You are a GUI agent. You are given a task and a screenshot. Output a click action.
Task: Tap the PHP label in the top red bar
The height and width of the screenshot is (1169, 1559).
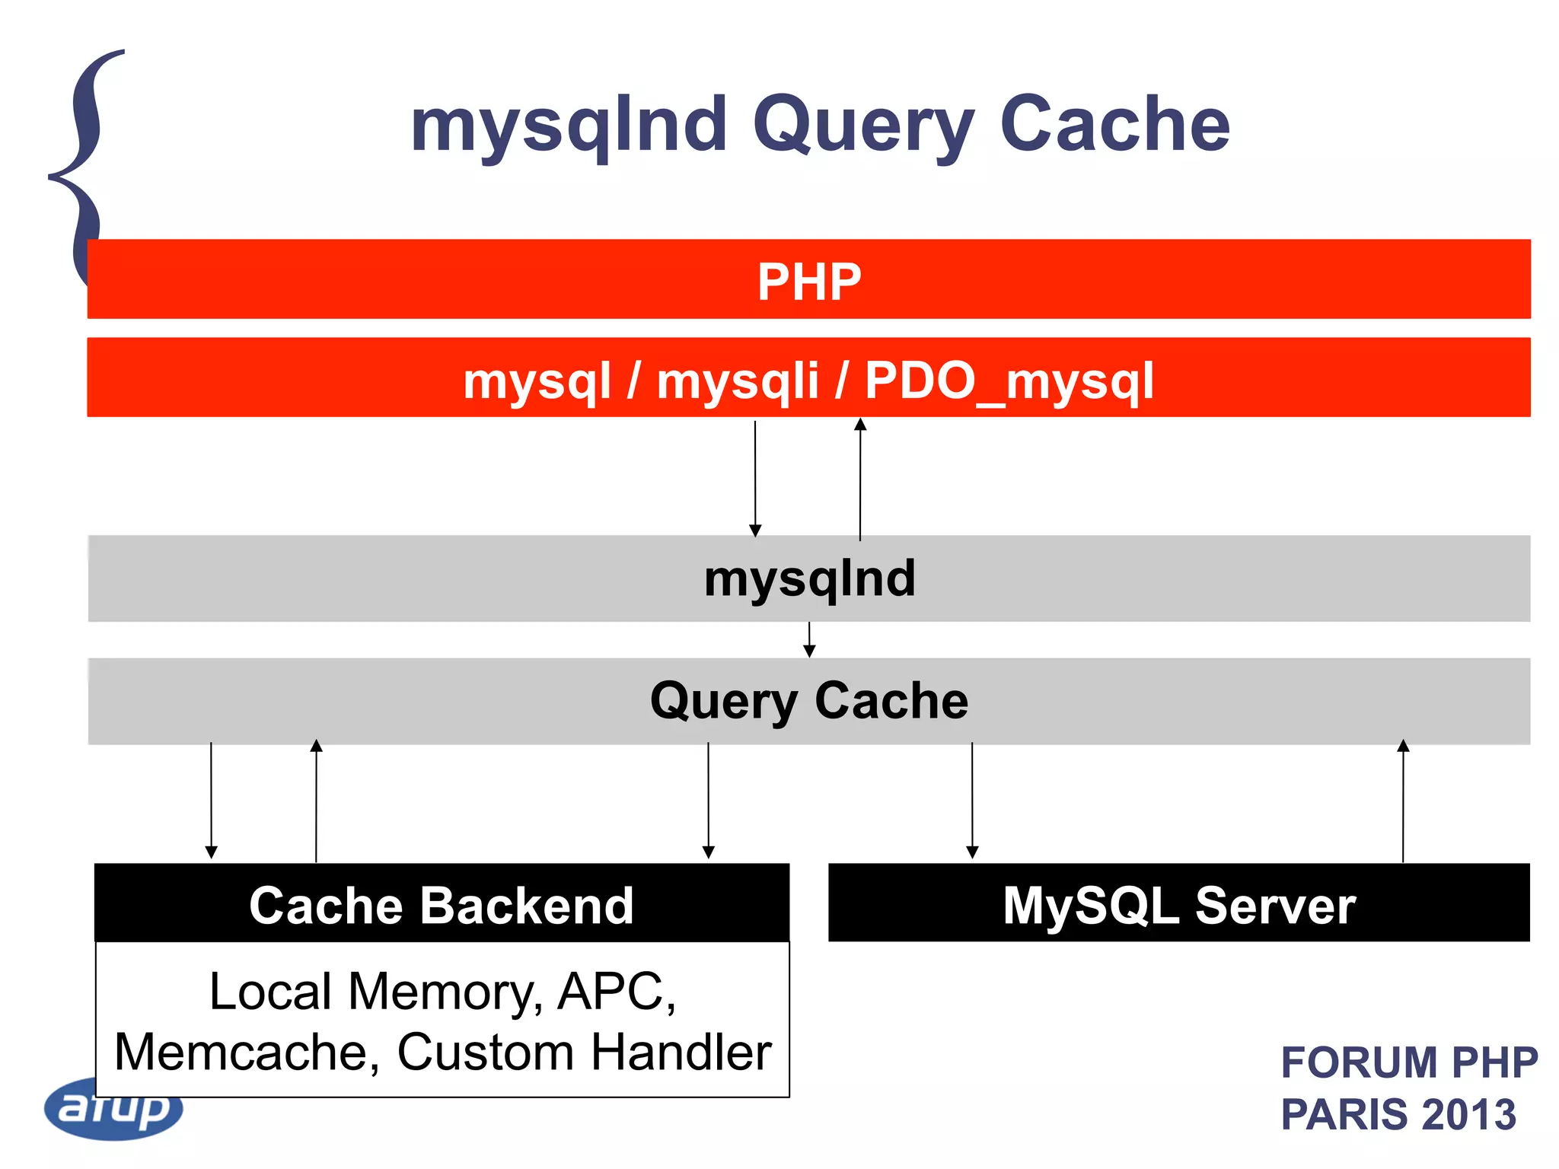pos(808,282)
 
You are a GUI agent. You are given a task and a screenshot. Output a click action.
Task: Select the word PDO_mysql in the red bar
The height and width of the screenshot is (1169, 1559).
pos(1009,381)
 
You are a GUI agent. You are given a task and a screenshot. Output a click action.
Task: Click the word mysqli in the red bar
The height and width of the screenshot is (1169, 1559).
pos(737,381)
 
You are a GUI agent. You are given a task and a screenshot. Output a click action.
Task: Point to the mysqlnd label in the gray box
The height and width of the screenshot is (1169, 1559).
pos(809,578)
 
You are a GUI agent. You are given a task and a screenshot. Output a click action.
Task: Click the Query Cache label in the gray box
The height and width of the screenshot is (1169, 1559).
pos(808,700)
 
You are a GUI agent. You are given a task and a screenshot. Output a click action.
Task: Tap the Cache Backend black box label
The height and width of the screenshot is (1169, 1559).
pos(442,905)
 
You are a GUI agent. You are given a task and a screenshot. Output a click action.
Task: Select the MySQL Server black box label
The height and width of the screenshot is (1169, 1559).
pos(1178,905)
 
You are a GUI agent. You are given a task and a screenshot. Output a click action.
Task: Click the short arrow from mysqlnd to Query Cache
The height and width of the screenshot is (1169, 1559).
pos(809,640)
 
